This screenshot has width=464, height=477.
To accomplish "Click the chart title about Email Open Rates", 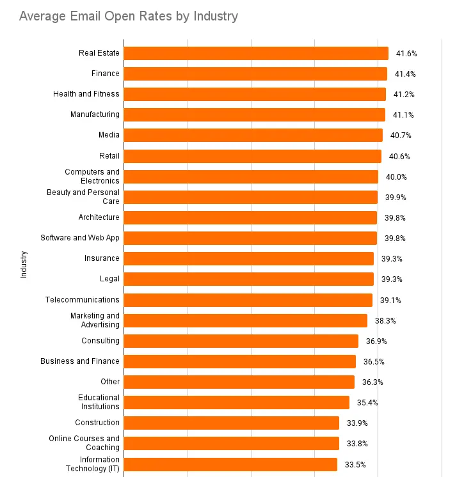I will [x=128, y=16].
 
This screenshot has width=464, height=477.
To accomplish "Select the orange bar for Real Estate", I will [x=256, y=53].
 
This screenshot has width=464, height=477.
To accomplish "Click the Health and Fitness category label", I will [x=86, y=94].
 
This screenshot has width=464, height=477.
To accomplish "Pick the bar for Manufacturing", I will [x=254, y=114].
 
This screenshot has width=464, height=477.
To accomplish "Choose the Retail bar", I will [x=252, y=156].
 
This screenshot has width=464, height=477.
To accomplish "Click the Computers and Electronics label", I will [x=92, y=176].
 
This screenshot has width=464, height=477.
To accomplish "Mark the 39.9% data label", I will [x=396, y=198].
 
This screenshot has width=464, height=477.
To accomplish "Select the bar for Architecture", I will [x=250, y=217].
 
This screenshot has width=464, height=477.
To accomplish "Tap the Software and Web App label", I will [x=80, y=238].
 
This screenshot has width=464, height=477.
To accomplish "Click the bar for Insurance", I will [x=248, y=258].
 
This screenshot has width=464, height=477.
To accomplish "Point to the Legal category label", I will [x=109, y=279].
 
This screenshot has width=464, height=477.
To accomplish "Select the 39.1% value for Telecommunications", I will [x=391, y=300].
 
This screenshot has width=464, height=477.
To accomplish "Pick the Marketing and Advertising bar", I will [x=245, y=320].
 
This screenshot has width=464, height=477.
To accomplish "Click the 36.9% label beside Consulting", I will [x=377, y=341].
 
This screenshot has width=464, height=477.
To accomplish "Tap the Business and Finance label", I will [x=80, y=361].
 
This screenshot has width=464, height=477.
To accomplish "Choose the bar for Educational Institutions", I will [x=236, y=402].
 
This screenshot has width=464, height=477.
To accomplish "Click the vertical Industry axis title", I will [x=24, y=264].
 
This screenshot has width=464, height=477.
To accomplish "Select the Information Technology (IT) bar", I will [x=230, y=464].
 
